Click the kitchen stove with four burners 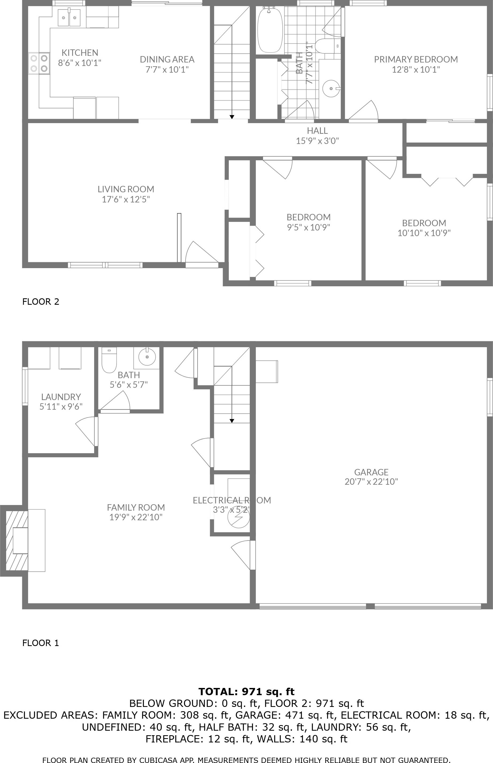pos(39,63)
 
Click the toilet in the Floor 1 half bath pos(109,361)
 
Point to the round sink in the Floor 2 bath pos(331,88)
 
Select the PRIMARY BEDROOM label pos(415,60)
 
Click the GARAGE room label pos(371,472)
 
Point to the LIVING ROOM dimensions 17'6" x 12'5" pos(126,199)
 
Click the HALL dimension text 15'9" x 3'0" pos(317,141)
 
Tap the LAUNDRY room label pos(61,397)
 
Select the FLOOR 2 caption pos(41,302)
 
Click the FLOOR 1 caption pos(41,643)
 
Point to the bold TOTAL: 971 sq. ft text pos(246,692)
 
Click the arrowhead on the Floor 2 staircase pos(232,117)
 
